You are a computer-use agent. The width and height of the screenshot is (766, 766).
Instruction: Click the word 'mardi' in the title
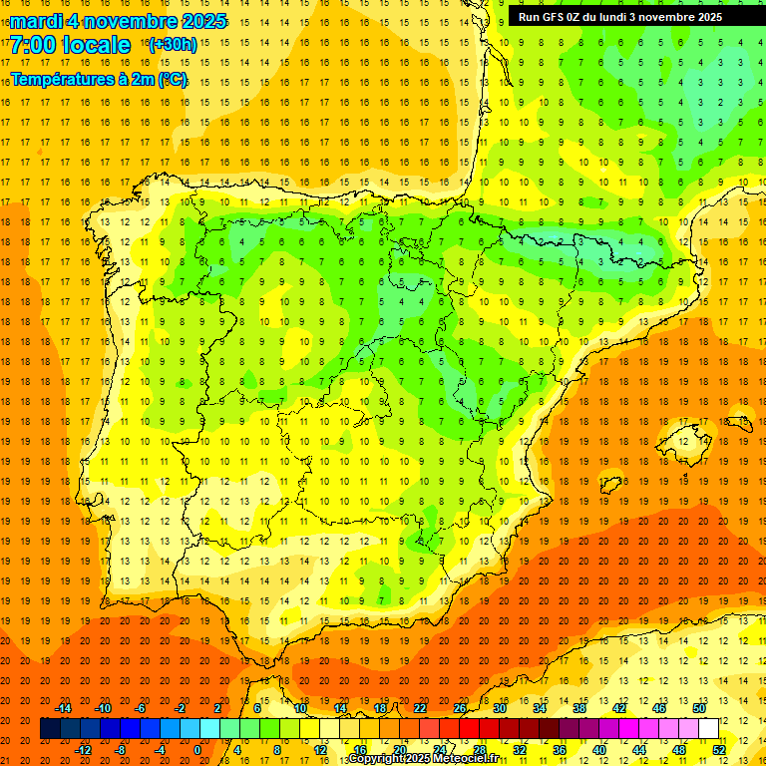click(37, 21)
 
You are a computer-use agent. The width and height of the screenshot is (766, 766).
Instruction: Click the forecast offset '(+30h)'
click(173, 45)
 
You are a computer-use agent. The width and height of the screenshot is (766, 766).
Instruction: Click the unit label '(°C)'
click(173, 79)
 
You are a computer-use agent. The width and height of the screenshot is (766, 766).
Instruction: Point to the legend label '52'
click(719, 750)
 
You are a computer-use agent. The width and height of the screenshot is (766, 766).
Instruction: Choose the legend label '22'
click(421, 708)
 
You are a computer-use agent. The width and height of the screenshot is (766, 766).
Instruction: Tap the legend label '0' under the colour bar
click(197, 750)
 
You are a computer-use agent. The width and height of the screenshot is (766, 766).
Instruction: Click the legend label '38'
click(579, 708)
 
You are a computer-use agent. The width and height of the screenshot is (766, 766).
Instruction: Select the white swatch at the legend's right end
click(709, 729)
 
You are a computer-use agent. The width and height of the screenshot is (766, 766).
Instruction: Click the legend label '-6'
click(142, 708)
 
